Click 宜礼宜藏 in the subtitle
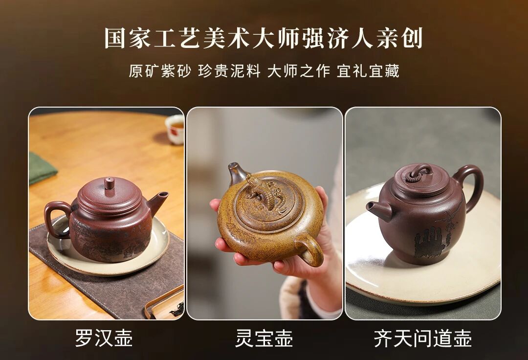click(368, 71)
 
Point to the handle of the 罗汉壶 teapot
click(55, 217)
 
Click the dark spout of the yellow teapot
click(237, 174)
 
